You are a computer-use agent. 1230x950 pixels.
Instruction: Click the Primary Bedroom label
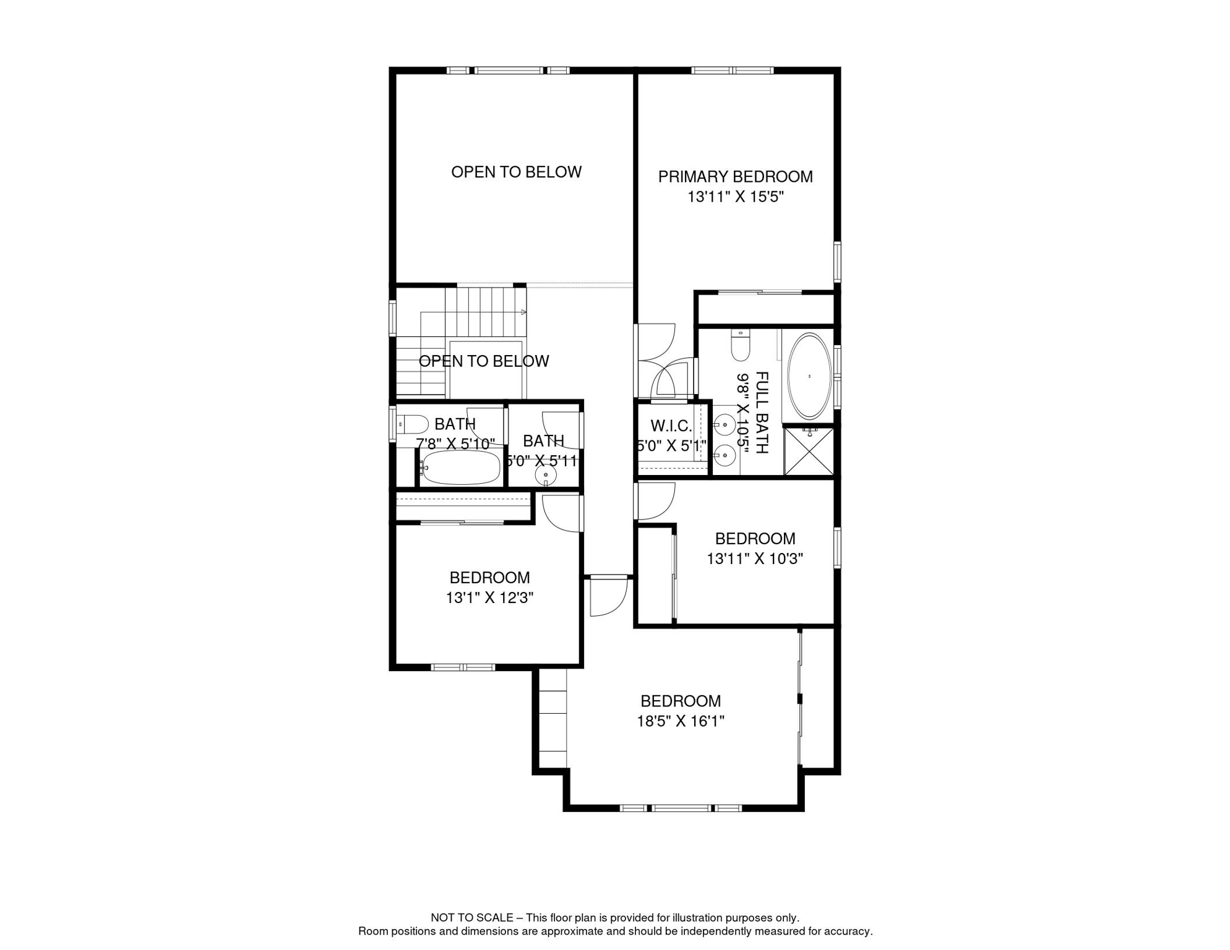[x=735, y=177]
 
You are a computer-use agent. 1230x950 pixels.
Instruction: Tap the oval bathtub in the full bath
[x=809, y=376]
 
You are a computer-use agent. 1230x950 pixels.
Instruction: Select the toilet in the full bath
[x=740, y=345]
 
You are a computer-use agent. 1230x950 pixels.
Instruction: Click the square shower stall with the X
[x=809, y=451]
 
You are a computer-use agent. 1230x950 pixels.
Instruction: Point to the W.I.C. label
[x=671, y=426]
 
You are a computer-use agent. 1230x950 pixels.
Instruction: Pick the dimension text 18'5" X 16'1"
[x=681, y=721]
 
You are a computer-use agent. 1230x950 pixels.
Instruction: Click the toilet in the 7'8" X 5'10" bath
[x=412, y=424]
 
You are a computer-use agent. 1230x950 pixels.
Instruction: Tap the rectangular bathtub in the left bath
[x=460, y=468]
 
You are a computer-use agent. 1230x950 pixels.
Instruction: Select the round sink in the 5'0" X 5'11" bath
[x=546, y=475]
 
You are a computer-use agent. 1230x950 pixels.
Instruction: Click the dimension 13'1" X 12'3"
[x=489, y=598]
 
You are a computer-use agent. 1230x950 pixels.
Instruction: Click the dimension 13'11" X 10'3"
[x=755, y=559]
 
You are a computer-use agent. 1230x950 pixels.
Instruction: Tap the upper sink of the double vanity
[x=725, y=426]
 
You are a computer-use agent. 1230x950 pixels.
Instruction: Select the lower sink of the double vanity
[x=725, y=456]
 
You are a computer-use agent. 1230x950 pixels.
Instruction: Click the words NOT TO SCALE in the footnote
[x=471, y=918]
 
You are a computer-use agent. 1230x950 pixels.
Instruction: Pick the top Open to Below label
[x=516, y=172]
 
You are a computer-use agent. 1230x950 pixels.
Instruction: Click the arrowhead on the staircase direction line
[x=524, y=312]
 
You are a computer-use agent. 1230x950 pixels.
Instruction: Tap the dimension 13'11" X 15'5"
[x=736, y=197]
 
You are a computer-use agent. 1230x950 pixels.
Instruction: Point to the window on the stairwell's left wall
[x=392, y=318]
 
